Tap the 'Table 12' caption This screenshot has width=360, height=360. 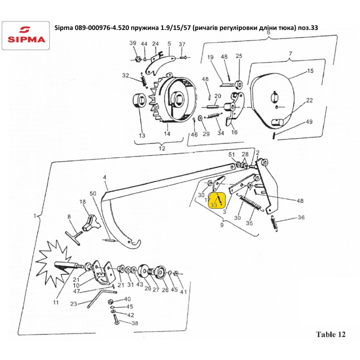[x=330, y=334]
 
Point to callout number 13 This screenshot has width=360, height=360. [x=142, y=135]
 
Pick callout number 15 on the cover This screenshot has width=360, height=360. [x=310, y=71]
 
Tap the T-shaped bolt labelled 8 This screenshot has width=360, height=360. [x=76, y=237]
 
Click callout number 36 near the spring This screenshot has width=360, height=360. [x=301, y=217]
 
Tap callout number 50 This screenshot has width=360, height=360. [x=93, y=194]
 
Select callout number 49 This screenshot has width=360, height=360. [x=309, y=122]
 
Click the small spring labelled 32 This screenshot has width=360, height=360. [x=144, y=80]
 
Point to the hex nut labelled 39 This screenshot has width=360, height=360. [x=139, y=59]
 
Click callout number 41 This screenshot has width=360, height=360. [x=183, y=292]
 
